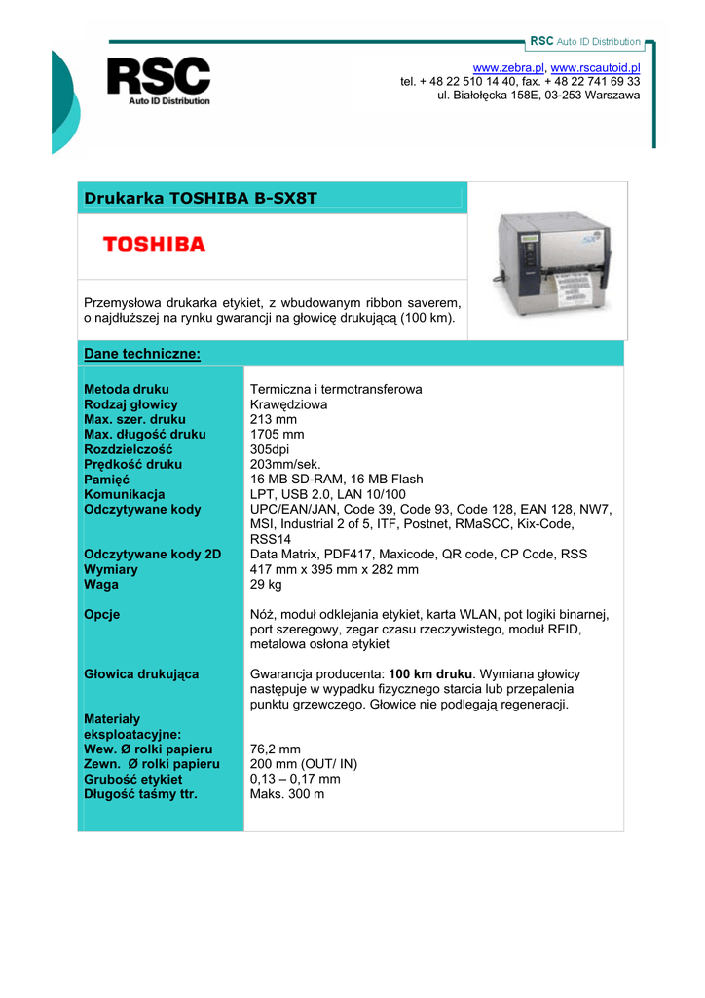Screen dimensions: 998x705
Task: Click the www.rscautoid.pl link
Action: pyautogui.click(x=595, y=66)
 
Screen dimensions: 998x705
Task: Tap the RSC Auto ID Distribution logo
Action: pyautogui.click(x=158, y=81)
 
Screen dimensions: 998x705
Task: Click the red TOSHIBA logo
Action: pyautogui.click(x=155, y=244)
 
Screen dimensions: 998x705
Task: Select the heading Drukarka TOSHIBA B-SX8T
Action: pyautogui.click(x=201, y=199)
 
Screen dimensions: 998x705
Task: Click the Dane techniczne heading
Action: pyautogui.click(x=142, y=353)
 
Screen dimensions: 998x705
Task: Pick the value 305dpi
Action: pyautogui.click(x=277, y=449)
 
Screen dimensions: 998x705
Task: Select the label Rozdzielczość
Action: pyautogui.click(x=129, y=449)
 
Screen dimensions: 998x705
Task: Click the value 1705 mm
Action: pyautogui.click(x=278, y=434)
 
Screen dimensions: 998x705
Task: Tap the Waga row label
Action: pyautogui.click(x=101, y=584)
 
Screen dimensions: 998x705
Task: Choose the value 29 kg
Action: pyautogui.click(x=266, y=584)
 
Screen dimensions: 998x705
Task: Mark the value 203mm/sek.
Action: pyautogui.click(x=285, y=464)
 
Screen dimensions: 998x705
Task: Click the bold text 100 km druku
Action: pyautogui.click(x=429, y=673)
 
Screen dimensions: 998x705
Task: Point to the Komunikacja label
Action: pyautogui.click(x=125, y=494)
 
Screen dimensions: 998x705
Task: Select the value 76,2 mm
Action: pyautogui.click(x=275, y=748)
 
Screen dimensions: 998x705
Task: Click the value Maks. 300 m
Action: pyautogui.click(x=287, y=793)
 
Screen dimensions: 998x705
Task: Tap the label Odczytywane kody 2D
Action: pyautogui.click(x=153, y=554)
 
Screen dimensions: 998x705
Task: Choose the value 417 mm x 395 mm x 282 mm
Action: pyautogui.click(x=334, y=569)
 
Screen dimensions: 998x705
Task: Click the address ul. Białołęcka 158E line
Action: pyautogui.click(x=538, y=96)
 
